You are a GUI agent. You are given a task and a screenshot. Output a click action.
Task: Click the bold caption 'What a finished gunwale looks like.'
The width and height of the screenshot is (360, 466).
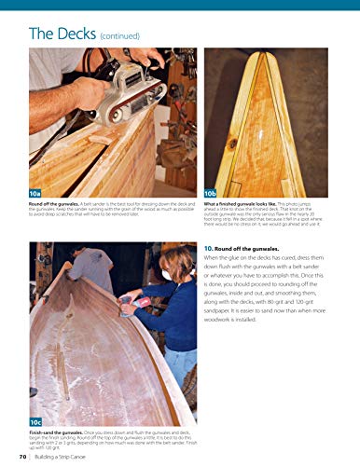tap(242, 203)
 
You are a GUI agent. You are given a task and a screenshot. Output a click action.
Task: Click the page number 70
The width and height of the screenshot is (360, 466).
tap(21, 456)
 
